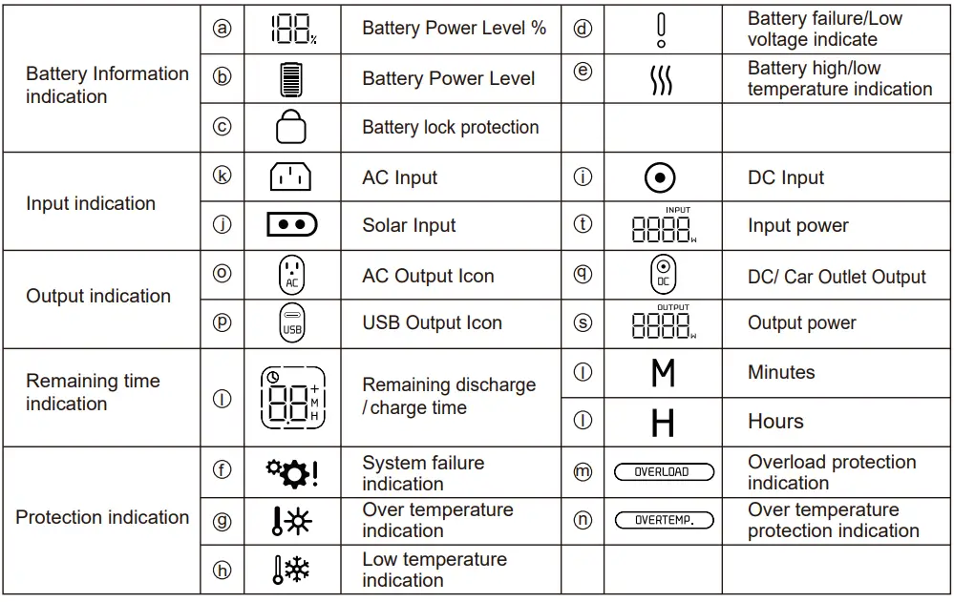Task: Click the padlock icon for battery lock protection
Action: pyautogui.click(x=291, y=127)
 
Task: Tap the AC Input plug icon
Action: pyautogui.click(x=291, y=176)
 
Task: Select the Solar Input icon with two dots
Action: pyautogui.click(x=291, y=225)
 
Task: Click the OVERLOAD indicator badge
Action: pyautogui.click(x=664, y=472)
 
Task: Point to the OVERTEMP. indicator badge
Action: pyautogui.click(x=664, y=521)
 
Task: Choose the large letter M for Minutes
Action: pyautogui.click(x=663, y=373)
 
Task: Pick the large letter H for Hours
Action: pyautogui.click(x=663, y=422)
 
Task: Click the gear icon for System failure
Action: pyautogui.click(x=290, y=472)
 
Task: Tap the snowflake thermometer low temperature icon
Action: pyautogui.click(x=290, y=570)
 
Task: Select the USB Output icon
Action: pyautogui.click(x=291, y=322)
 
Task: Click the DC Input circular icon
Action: pyautogui.click(x=661, y=177)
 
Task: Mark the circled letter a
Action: pyautogui.click(x=222, y=29)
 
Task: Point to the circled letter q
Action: pyautogui.click(x=583, y=274)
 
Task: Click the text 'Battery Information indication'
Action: pyautogui.click(x=107, y=85)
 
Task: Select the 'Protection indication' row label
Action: pyautogui.click(x=102, y=518)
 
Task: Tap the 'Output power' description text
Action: pyautogui.click(x=801, y=323)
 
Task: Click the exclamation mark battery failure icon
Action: pyautogui.click(x=662, y=30)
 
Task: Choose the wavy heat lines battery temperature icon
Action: pyautogui.click(x=661, y=80)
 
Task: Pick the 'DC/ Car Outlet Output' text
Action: pyautogui.click(x=837, y=278)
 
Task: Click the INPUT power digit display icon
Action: pyautogui.click(x=664, y=226)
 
